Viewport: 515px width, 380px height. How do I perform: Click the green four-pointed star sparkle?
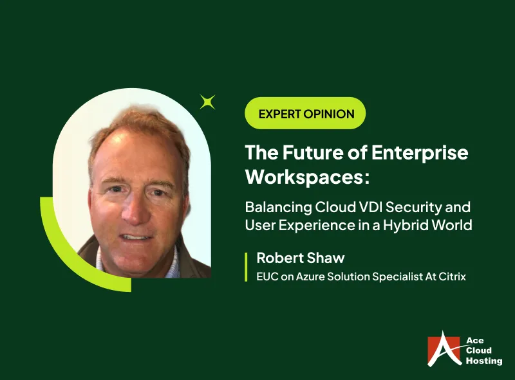click(207, 102)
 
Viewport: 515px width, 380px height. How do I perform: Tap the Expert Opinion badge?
click(306, 114)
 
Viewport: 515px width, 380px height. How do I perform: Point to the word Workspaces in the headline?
click(306, 177)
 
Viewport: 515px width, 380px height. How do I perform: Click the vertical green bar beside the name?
click(247, 267)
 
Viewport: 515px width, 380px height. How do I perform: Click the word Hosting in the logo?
click(483, 361)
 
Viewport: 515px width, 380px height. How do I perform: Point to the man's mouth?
click(136, 236)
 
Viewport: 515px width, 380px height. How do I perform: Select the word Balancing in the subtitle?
click(274, 208)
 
